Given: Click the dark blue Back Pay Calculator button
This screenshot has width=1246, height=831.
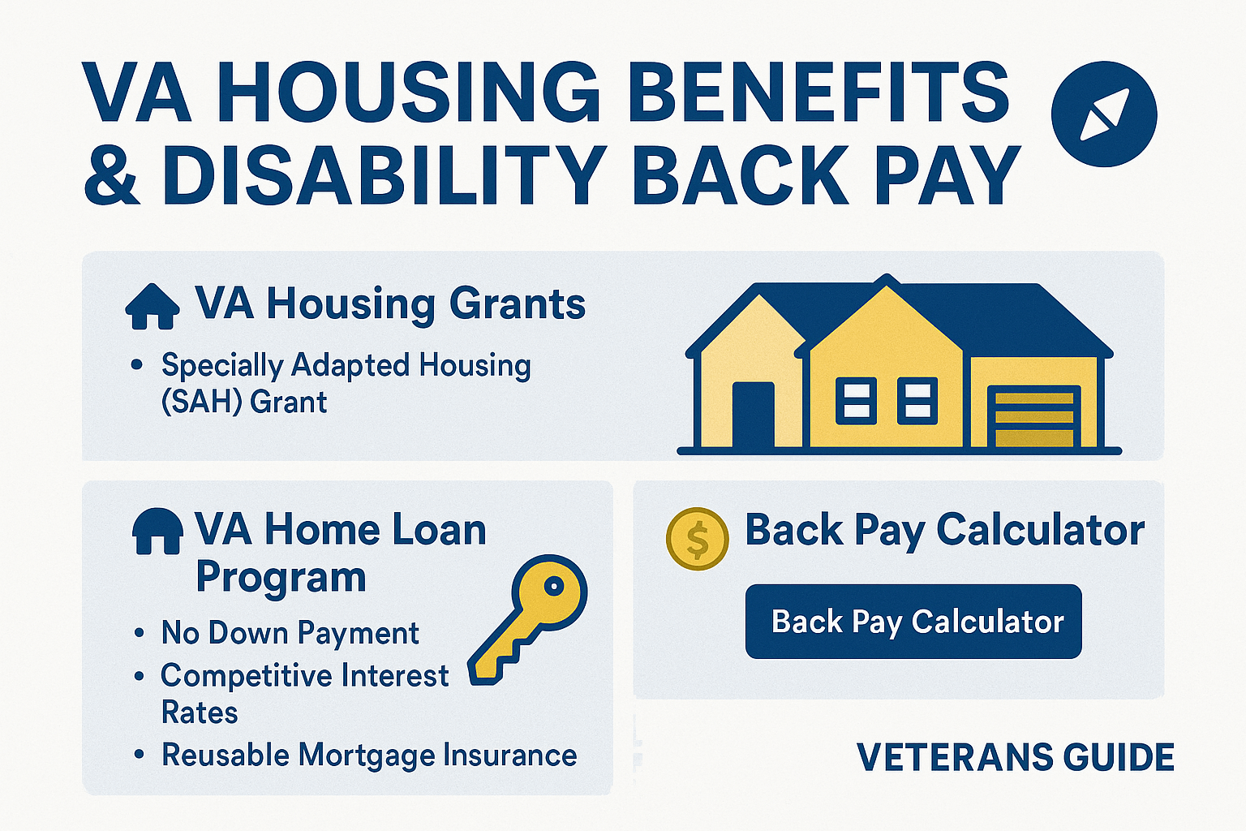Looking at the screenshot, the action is [913, 621].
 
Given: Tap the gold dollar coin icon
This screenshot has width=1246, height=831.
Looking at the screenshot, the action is [697, 539].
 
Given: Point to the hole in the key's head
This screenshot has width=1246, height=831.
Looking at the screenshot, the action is [554, 586].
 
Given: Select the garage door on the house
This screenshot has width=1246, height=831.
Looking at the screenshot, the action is [1034, 417].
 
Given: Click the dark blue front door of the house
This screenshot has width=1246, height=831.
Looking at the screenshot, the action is [753, 415].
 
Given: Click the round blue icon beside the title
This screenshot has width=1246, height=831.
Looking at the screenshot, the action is [1103, 114].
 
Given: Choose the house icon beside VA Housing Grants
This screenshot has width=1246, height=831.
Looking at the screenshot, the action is [153, 306].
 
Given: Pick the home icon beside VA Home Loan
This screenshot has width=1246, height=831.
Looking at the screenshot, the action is [157, 531].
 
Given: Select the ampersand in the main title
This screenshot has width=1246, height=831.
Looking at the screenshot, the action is [111, 174].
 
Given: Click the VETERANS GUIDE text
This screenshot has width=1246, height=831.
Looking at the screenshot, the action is [1015, 757].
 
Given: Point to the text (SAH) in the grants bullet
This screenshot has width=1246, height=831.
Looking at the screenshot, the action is [201, 402].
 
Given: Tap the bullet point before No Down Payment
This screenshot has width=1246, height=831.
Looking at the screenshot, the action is [139, 633].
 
